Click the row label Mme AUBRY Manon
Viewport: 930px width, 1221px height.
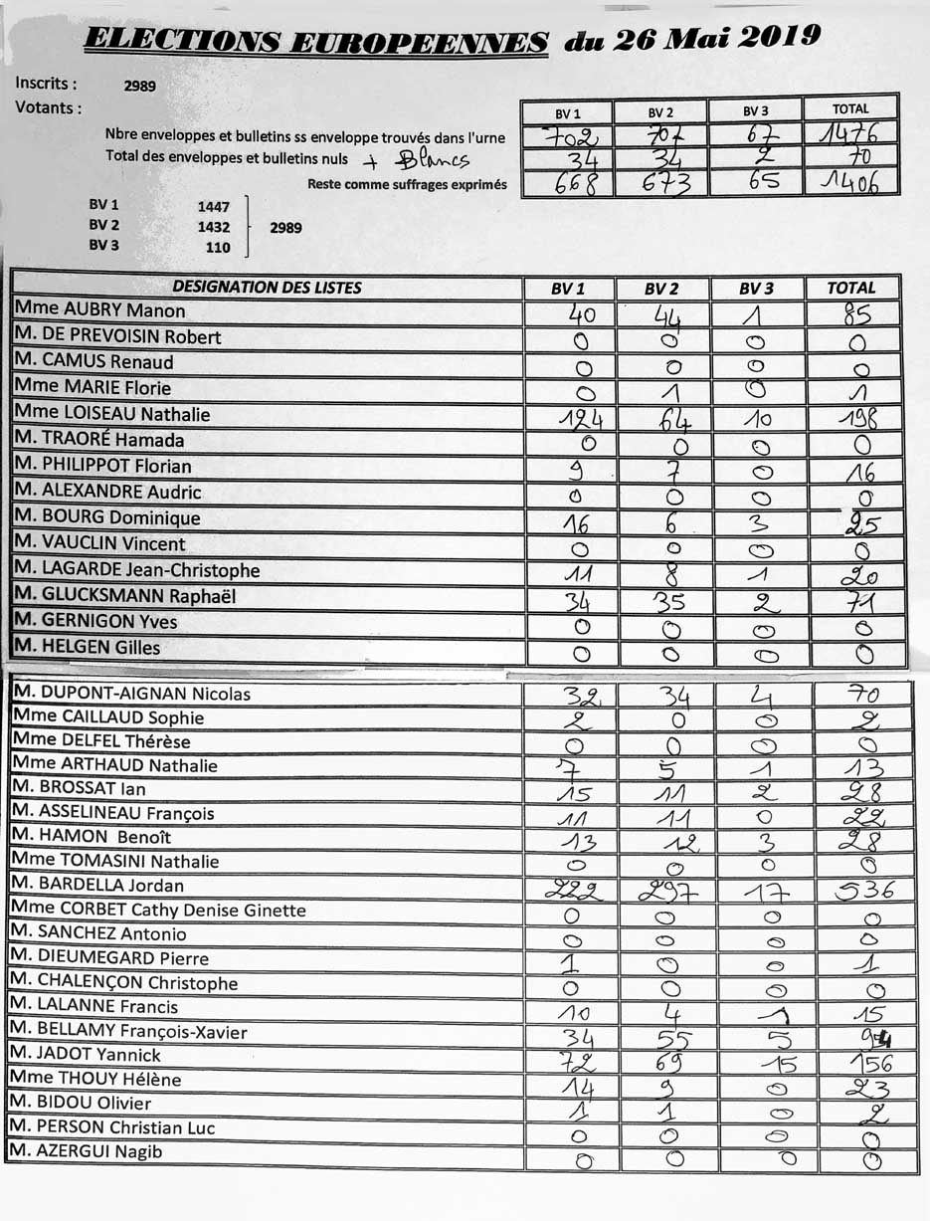click(99, 310)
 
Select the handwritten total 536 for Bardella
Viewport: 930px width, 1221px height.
click(864, 889)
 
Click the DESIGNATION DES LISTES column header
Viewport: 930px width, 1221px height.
click(267, 288)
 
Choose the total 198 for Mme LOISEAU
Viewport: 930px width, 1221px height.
click(857, 416)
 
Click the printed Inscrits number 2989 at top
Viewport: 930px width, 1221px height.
click(139, 87)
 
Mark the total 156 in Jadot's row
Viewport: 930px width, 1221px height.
click(864, 1063)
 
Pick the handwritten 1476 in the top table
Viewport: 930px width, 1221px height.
click(850, 132)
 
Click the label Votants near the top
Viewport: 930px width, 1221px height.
click(49, 107)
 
